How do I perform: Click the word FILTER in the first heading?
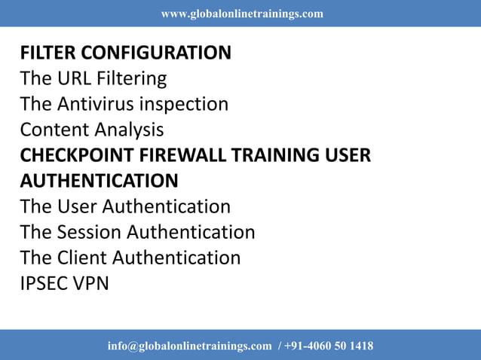point(47,53)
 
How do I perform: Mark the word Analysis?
point(129,130)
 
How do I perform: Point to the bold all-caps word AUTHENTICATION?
point(100,181)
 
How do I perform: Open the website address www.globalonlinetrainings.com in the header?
point(242,14)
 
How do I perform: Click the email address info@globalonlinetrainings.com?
point(189,346)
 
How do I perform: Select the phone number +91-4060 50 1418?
point(329,346)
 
